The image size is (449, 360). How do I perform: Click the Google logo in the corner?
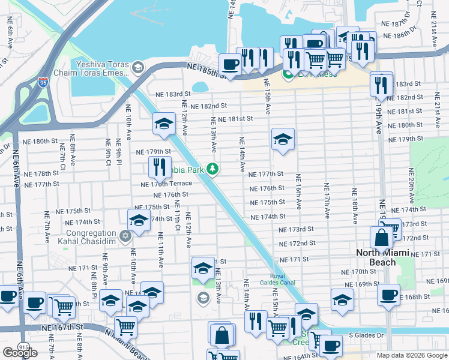20,353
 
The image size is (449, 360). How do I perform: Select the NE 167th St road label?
62,328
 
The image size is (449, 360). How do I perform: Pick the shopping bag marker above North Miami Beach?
381,238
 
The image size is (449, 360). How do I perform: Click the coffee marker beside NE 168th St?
389,295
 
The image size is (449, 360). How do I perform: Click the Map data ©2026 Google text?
411,355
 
